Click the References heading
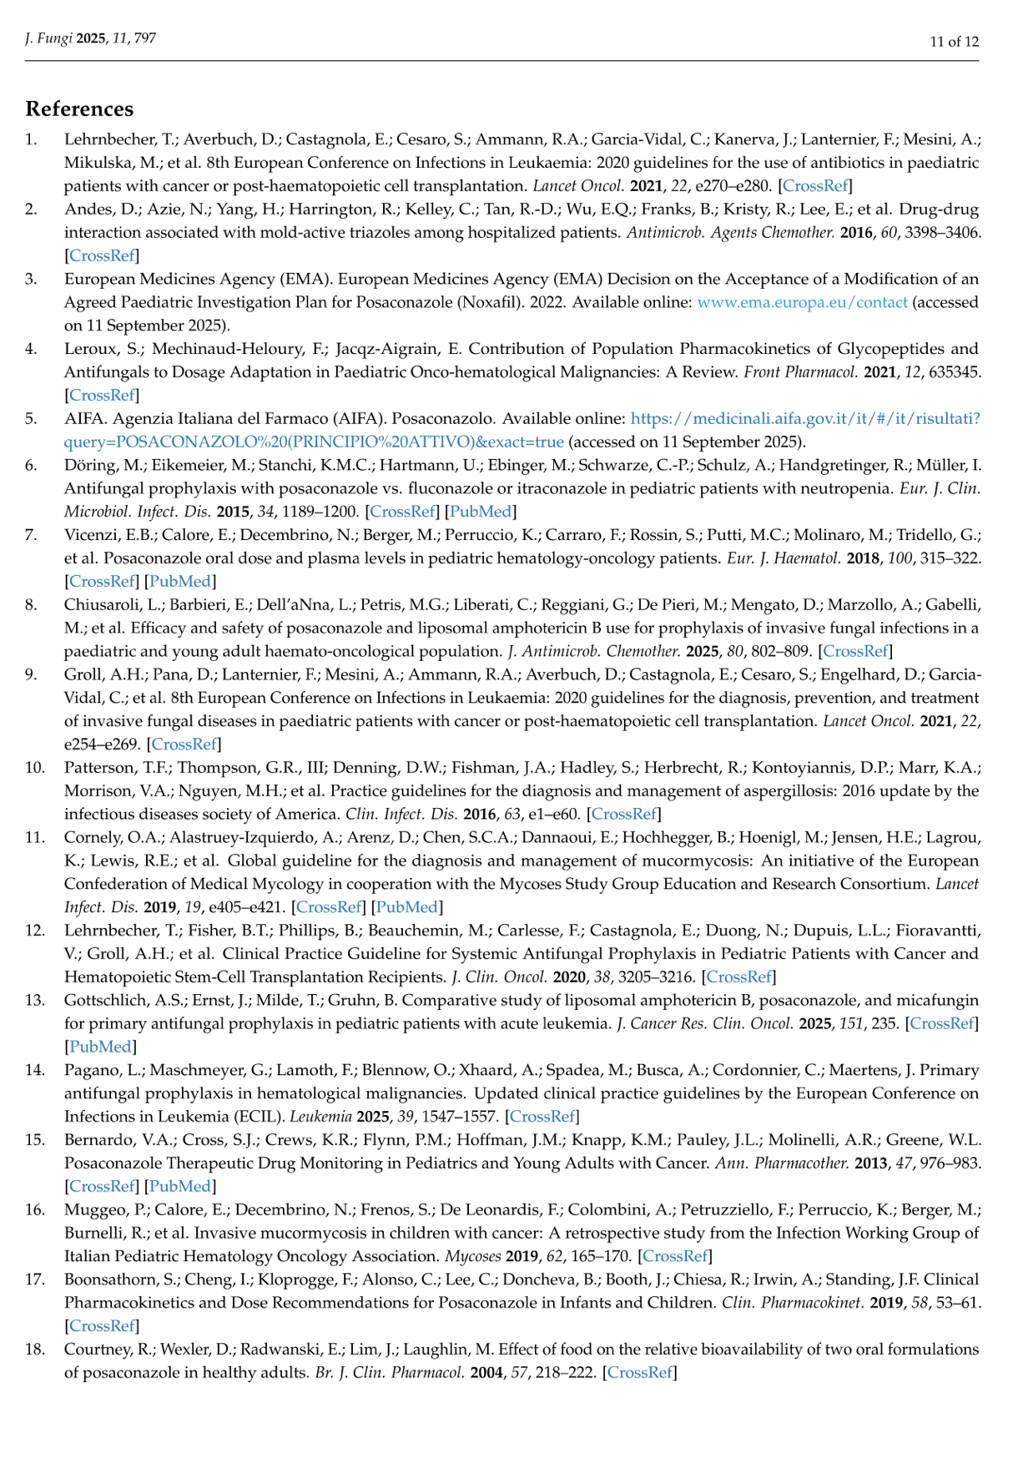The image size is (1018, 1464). click(x=79, y=109)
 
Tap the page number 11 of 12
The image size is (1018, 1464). click(x=954, y=42)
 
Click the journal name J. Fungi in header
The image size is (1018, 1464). click(x=48, y=38)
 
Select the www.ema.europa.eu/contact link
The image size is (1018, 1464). click(x=802, y=302)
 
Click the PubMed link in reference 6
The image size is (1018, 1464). click(x=481, y=512)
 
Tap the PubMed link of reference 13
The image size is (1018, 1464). click(x=100, y=1047)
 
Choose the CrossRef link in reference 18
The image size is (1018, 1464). click(x=639, y=1373)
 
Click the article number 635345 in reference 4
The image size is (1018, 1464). click(x=953, y=372)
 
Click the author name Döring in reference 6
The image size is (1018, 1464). click(x=87, y=465)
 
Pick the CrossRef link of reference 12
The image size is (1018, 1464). click(x=738, y=977)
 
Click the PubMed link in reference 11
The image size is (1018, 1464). click(x=407, y=907)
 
